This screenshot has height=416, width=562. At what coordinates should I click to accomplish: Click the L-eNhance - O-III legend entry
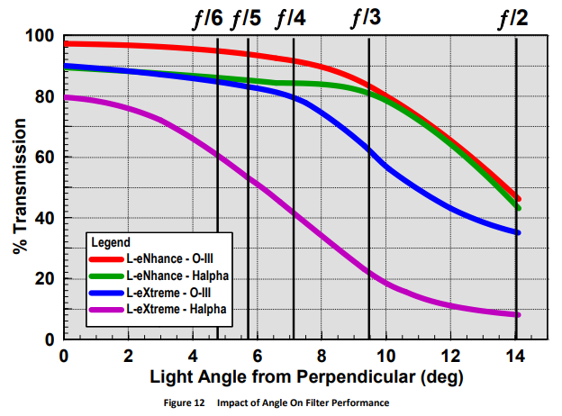(171, 259)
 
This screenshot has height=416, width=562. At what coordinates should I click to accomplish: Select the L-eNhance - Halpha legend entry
(176, 276)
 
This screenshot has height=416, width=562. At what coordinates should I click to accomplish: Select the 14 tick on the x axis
(514, 354)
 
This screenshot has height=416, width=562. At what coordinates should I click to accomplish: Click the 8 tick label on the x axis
(322, 354)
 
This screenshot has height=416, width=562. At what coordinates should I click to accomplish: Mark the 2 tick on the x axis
(128, 354)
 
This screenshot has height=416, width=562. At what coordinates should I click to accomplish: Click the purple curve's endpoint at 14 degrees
(517, 314)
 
